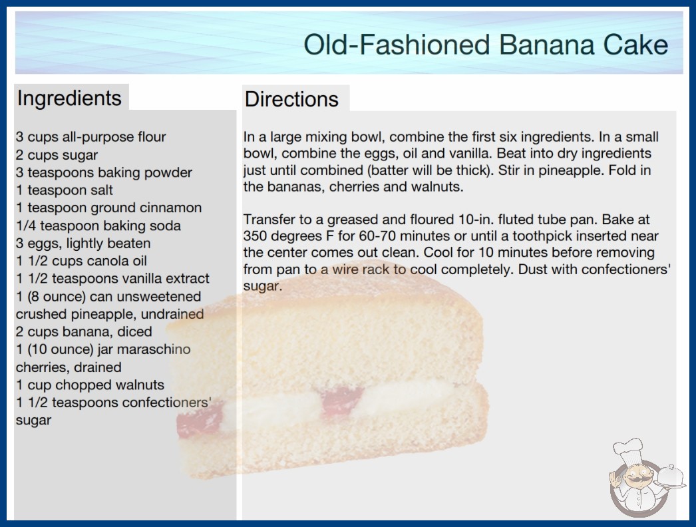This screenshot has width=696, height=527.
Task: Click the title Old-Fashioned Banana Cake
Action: (486, 45)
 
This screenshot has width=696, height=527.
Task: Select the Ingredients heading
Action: (69, 98)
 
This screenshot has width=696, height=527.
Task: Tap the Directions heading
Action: (291, 99)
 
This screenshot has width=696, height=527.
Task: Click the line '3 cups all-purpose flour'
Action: (90, 137)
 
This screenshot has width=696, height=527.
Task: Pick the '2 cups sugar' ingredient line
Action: (57, 155)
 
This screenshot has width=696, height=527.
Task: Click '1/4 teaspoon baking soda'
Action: (98, 226)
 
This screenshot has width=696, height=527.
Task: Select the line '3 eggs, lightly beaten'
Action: (83, 244)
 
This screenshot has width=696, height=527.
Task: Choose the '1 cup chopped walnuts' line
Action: (90, 385)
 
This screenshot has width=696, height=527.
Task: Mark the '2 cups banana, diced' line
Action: (84, 331)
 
